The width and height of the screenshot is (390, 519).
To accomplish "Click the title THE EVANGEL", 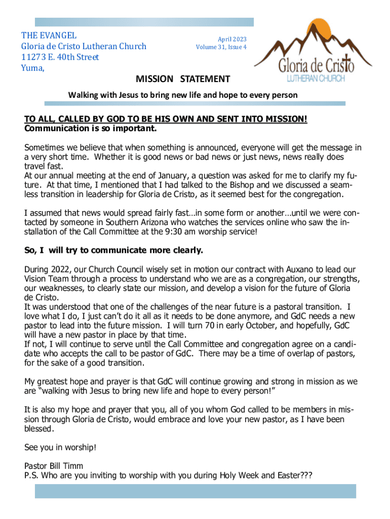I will point(49,35).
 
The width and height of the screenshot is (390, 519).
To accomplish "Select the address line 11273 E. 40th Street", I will point(60,57).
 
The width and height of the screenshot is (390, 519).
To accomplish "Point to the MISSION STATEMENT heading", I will point(183,79).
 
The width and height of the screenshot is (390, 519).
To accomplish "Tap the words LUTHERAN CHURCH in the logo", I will point(316,79).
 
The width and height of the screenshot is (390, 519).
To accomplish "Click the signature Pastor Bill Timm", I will point(54,466).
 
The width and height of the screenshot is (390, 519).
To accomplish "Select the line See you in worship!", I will point(60,448).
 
